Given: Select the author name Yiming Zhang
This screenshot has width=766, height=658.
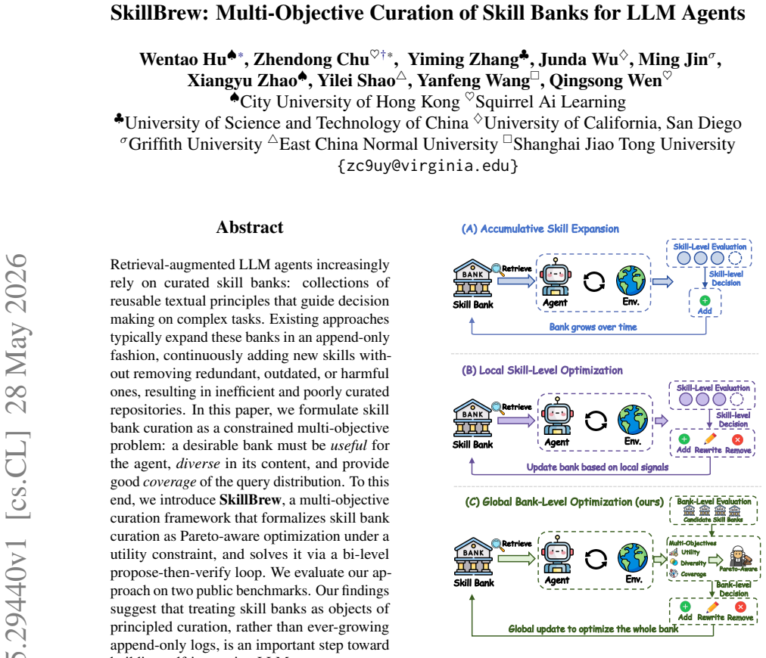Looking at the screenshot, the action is click(463, 60).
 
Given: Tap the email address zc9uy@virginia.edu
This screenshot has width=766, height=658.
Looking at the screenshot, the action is click(428, 166).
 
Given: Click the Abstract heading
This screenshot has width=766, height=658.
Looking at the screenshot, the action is click(250, 227).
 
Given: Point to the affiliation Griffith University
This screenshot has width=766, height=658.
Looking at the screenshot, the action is click(195, 144).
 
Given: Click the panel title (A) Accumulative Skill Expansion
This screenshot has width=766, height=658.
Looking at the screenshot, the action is click(540, 229).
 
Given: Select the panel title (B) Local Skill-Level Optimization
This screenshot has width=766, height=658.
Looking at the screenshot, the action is click(542, 371).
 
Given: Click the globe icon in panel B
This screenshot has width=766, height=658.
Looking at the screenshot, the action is click(633, 419).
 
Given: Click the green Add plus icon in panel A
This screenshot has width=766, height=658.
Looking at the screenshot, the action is click(705, 301).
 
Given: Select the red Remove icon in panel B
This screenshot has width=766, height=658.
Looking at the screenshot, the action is click(738, 439).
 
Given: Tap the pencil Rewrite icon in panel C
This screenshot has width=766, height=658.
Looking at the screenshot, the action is click(712, 607).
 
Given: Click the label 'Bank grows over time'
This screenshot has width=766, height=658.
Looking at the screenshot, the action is click(593, 327).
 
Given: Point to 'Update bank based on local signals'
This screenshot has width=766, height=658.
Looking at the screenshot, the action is click(597, 467).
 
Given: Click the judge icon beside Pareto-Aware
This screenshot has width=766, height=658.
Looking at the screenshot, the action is click(737, 556).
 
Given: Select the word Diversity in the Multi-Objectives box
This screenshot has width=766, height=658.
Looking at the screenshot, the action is click(693, 563).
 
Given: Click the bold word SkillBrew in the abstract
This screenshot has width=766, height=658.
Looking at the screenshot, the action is click(250, 500).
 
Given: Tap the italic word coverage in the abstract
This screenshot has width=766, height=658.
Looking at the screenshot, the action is click(170, 482).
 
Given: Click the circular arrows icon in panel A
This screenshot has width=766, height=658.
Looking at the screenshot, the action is click(594, 281).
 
